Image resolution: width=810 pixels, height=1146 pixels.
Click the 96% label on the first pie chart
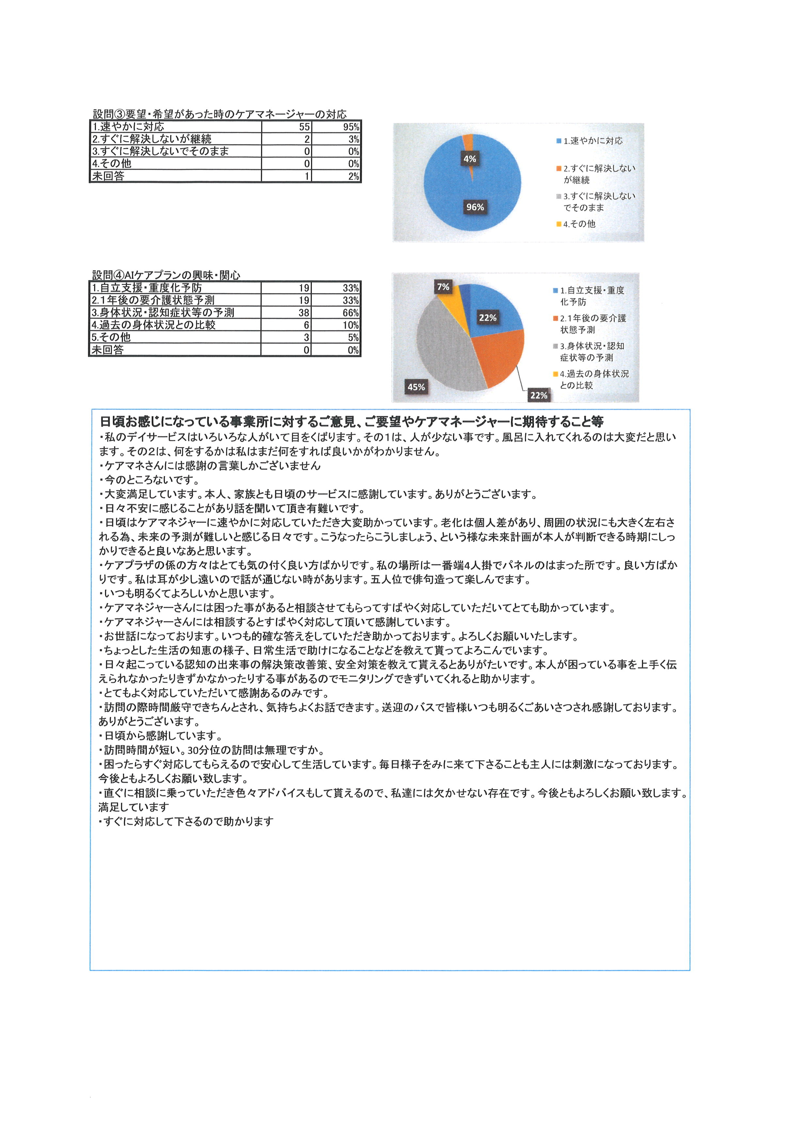coord(475,207)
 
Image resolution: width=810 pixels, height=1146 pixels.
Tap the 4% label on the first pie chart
coord(469,159)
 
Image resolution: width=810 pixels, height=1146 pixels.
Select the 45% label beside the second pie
coord(416,387)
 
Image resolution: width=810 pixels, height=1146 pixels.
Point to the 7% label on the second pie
coord(443,287)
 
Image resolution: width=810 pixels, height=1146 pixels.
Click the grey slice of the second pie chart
coord(444,344)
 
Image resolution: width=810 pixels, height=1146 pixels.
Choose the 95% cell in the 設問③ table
coord(351,127)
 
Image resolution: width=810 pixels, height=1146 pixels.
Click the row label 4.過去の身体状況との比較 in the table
coord(153,325)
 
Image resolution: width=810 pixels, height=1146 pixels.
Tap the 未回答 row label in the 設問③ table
coord(108,176)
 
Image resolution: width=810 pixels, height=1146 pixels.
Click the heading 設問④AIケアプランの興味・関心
coord(166,275)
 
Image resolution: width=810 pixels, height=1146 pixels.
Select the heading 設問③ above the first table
coord(219,114)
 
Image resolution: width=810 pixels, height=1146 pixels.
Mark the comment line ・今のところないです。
coord(150,480)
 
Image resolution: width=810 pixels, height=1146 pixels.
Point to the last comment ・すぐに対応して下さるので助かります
coord(186,822)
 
